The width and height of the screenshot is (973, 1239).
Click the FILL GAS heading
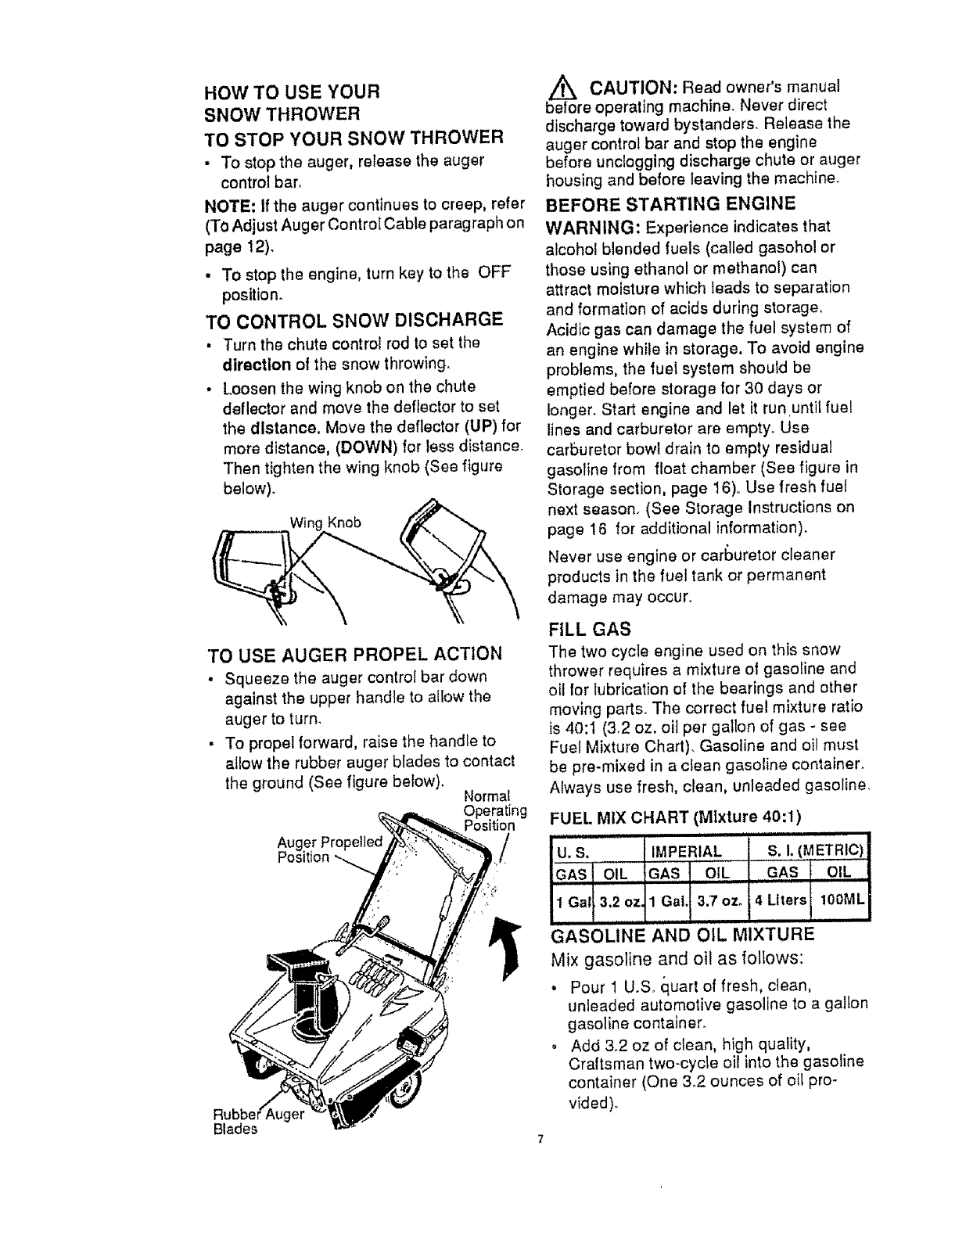pyautogui.click(x=590, y=628)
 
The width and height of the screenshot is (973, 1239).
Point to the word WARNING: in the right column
pyautogui.click(x=591, y=226)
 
